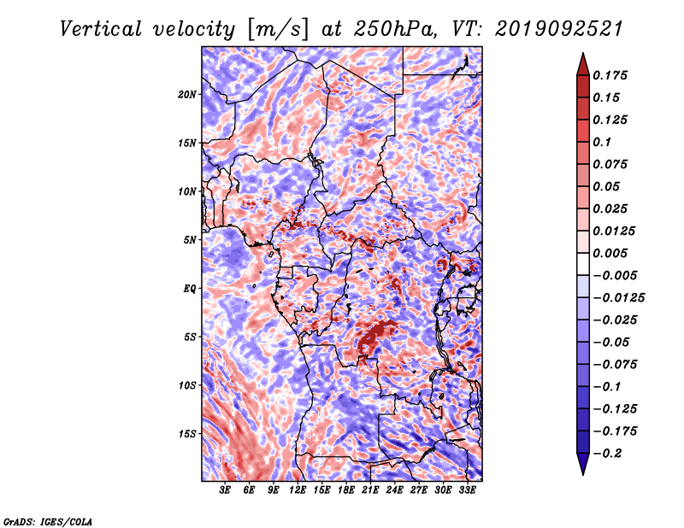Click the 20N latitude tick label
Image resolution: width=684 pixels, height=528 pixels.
click(187, 95)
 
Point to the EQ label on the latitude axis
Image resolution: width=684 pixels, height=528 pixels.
click(189, 289)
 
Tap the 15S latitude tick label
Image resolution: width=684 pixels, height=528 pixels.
click(187, 434)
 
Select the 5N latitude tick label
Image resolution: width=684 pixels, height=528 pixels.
click(190, 240)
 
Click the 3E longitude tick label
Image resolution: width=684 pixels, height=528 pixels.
click(225, 490)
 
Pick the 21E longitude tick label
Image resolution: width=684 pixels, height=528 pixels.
click(370, 490)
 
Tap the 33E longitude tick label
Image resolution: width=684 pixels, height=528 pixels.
click(467, 490)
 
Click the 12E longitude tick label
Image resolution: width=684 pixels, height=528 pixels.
click(297, 490)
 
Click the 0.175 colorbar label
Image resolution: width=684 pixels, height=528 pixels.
click(610, 75)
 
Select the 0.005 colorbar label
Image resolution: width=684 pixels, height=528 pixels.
click(610, 253)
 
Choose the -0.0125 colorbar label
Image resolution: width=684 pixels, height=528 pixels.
click(618, 298)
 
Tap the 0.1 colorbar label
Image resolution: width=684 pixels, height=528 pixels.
click(602, 142)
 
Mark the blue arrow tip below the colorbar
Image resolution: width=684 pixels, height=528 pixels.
click(583, 474)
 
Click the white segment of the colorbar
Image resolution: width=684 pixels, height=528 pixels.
click(583, 264)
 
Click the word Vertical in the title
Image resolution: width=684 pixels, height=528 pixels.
click(100, 29)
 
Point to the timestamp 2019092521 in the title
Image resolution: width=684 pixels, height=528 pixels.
click(558, 29)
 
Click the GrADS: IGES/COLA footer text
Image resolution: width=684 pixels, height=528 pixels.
click(48, 521)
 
